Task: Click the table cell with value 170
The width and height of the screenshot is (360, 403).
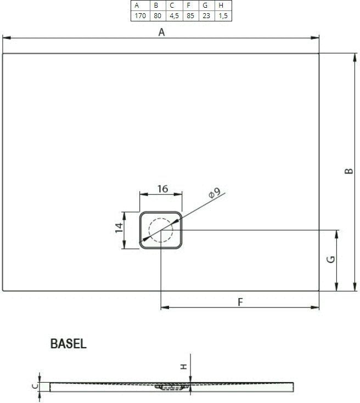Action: [140, 16]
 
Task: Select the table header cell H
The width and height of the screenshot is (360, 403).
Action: [223, 5]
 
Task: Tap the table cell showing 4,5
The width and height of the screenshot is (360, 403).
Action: [174, 16]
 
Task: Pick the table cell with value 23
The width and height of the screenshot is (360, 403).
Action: [206, 16]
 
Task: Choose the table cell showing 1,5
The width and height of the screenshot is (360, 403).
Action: [223, 16]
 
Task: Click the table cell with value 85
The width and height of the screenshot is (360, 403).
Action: [190, 16]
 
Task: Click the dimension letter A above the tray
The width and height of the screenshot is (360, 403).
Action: [161, 32]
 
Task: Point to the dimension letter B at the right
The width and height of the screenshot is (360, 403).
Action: [348, 171]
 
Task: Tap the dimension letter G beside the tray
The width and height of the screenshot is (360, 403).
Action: [331, 260]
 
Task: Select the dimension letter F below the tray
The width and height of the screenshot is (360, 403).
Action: [240, 302]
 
